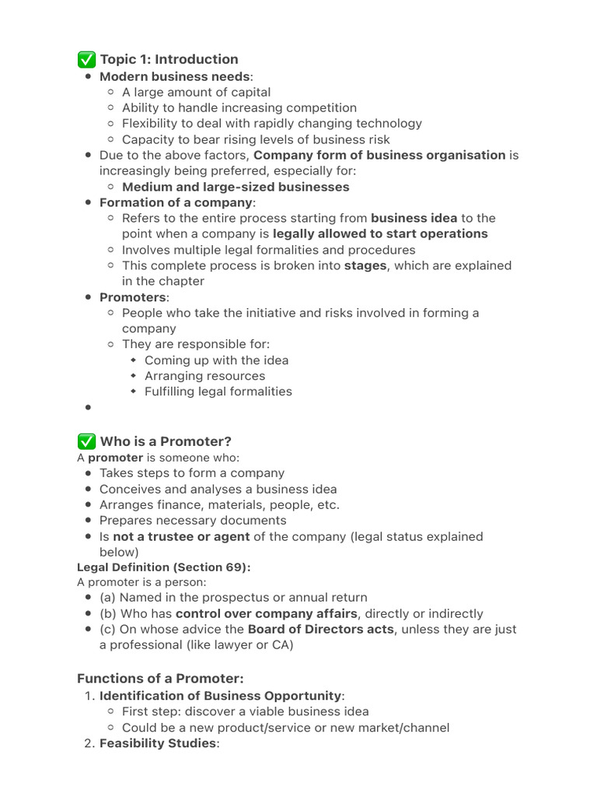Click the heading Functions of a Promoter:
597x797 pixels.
tap(160, 678)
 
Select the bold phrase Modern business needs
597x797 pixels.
tap(174, 76)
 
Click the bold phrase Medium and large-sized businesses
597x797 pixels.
tap(236, 187)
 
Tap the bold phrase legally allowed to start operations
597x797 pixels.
tap(380, 233)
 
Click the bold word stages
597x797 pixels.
tap(365, 265)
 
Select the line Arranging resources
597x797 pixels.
tap(204, 376)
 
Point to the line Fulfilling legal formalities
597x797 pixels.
tap(218, 391)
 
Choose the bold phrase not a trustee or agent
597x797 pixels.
tap(181, 536)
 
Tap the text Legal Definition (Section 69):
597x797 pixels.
tap(163, 567)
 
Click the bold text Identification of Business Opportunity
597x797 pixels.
tap(220, 695)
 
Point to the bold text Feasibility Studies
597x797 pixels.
tap(157, 743)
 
